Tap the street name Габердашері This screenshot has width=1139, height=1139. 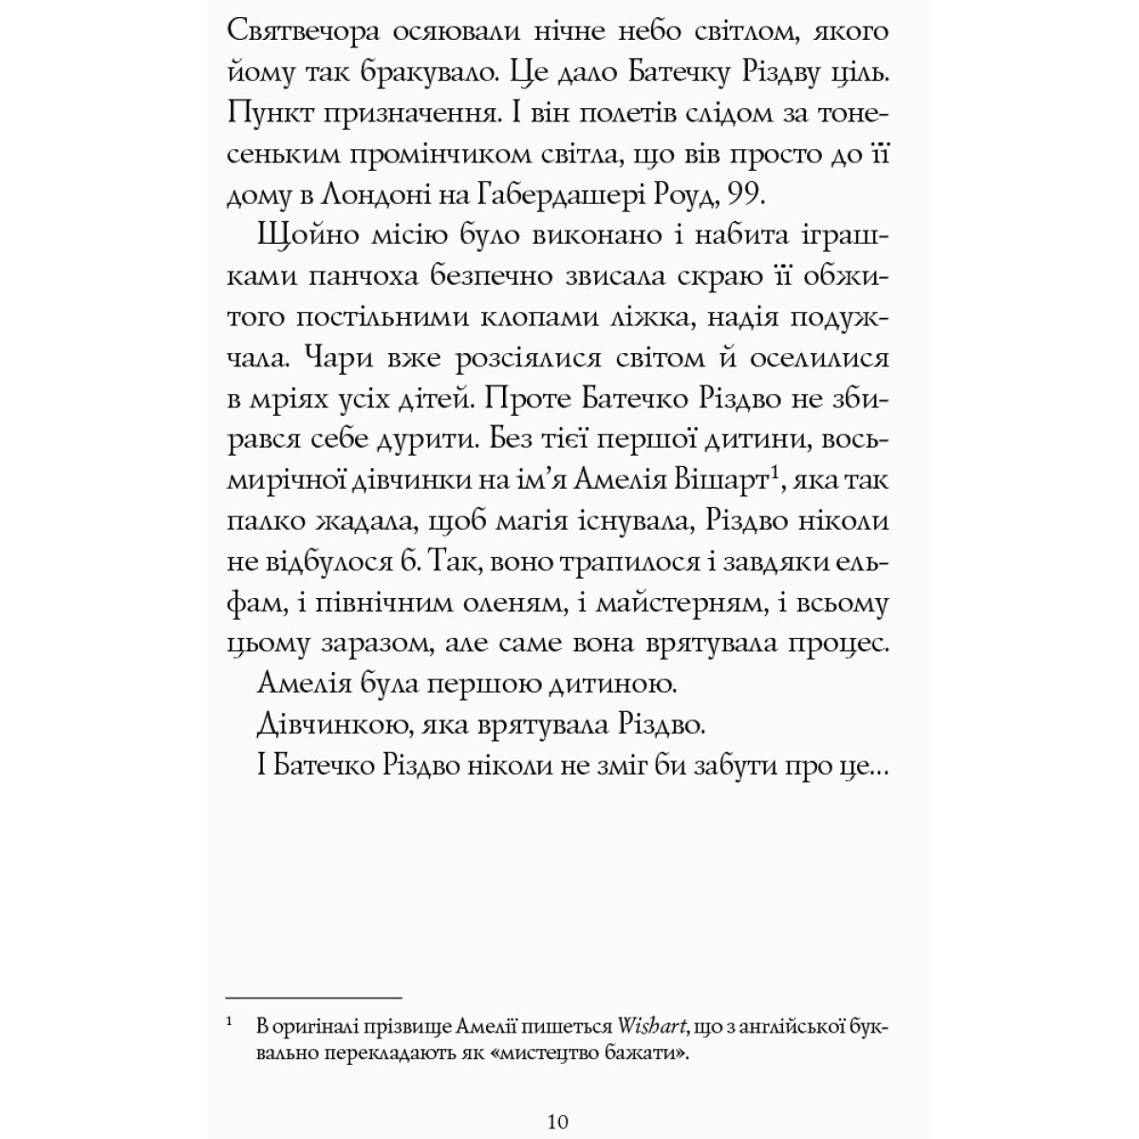click(x=532, y=196)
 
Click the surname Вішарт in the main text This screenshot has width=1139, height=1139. click(x=726, y=481)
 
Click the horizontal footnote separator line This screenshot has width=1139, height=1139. click(x=314, y=998)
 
